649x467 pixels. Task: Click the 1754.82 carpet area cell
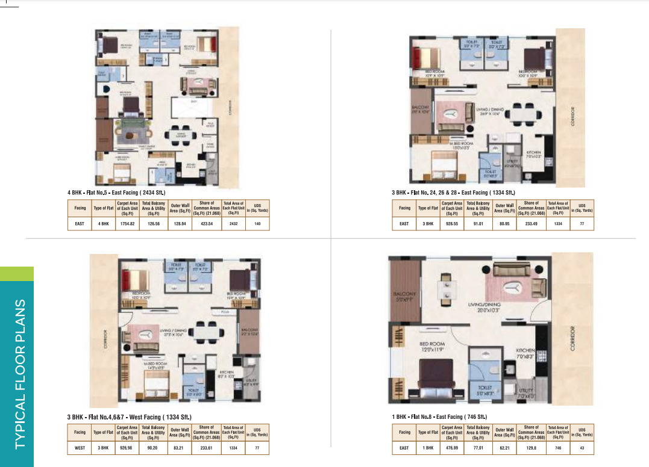click(x=127, y=223)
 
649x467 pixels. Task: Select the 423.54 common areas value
click(x=207, y=223)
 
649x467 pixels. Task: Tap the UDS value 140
click(x=257, y=223)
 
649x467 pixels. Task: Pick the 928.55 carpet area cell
click(x=451, y=223)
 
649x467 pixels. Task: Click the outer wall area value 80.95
click(x=505, y=223)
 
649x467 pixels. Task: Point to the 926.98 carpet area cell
click(x=127, y=448)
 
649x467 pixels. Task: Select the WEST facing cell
click(x=80, y=448)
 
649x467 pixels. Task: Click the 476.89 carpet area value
click(x=451, y=448)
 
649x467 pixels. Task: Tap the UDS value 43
click(x=582, y=448)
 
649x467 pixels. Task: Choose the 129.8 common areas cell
click(x=531, y=448)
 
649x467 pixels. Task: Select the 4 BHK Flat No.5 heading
click(x=116, y=193)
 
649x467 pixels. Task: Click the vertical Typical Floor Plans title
click(x=20, y=373)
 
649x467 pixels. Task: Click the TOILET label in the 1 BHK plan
click(x=485, y=388)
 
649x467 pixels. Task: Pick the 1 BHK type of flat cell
click(x=428, y=448)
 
